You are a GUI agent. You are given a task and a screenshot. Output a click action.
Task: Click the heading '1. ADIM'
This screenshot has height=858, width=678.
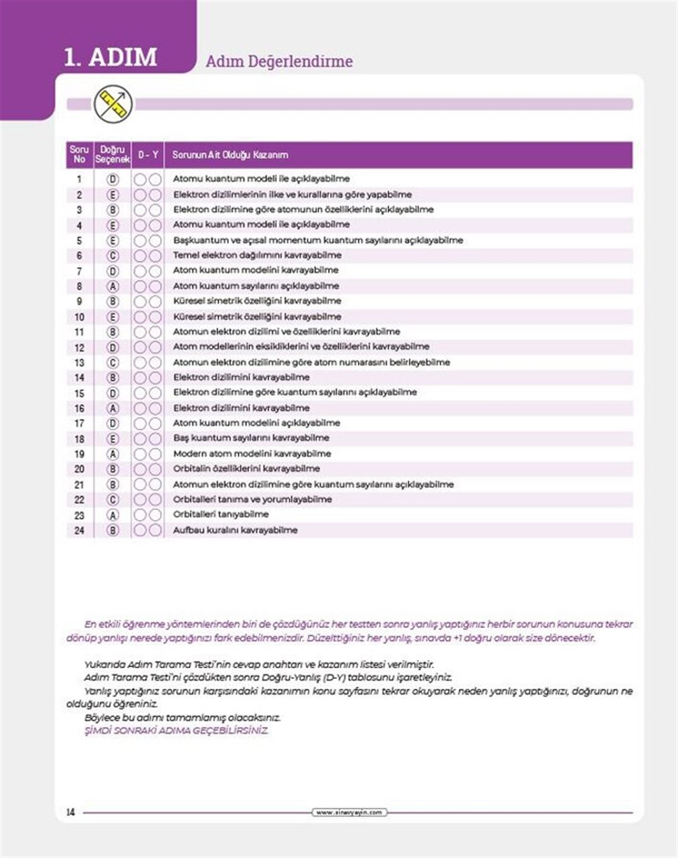pos(110,57)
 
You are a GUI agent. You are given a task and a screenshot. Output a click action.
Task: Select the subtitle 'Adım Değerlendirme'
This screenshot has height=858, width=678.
pos(279,62)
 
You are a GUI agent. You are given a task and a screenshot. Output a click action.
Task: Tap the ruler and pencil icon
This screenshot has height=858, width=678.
pos(113,104)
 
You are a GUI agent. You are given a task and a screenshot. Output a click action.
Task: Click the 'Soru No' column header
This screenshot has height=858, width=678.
pos(79,154)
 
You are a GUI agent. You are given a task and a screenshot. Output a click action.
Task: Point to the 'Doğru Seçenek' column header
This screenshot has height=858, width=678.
pos(112,154)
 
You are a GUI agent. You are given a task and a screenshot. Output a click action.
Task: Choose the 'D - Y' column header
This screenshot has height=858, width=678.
pos(148,154)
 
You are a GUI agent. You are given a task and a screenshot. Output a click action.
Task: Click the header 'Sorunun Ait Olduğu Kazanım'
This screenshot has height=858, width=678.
pos(230,154)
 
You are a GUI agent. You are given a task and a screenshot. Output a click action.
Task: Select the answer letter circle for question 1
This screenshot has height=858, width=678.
pos(113,179)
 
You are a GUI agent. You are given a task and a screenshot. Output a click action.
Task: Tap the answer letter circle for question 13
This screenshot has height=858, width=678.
pos(113,363)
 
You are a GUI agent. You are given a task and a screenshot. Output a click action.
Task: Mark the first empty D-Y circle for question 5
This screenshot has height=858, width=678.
pos(140,241)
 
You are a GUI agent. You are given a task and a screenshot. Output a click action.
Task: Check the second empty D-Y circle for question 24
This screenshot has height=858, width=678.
pos(155,530)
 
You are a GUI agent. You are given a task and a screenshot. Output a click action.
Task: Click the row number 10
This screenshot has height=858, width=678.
pos(79,317)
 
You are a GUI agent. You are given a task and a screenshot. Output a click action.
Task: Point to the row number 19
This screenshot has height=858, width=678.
pos(79,454)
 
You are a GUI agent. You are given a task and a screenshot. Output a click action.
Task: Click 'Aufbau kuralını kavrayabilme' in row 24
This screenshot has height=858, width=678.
pos(235,530)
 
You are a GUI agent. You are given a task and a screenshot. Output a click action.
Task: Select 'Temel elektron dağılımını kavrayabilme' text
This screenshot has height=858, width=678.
pos(257,255)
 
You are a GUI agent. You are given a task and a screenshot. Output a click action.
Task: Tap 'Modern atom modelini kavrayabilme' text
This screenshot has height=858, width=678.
pos(252,454)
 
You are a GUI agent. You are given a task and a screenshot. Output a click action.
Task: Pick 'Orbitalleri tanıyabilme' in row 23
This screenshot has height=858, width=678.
pos(221,515)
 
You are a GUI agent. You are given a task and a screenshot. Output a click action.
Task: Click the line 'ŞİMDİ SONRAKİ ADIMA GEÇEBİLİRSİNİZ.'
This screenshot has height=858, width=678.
pos(176,731)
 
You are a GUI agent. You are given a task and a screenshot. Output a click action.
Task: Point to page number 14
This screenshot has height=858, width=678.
pos(71,812)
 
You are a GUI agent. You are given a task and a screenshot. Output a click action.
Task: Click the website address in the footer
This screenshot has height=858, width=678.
pos(349,813)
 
